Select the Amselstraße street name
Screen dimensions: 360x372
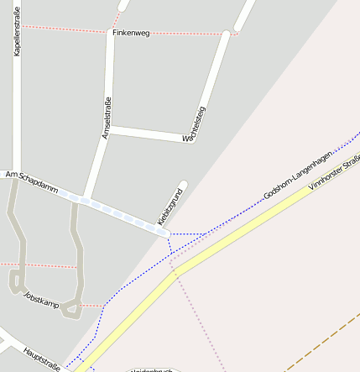107,118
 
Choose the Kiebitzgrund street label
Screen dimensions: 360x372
170,202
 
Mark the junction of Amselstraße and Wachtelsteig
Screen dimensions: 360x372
109,128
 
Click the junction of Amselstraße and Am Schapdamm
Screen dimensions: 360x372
86,199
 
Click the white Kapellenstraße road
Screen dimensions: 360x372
17,109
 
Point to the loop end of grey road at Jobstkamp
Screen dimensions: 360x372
15,281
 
